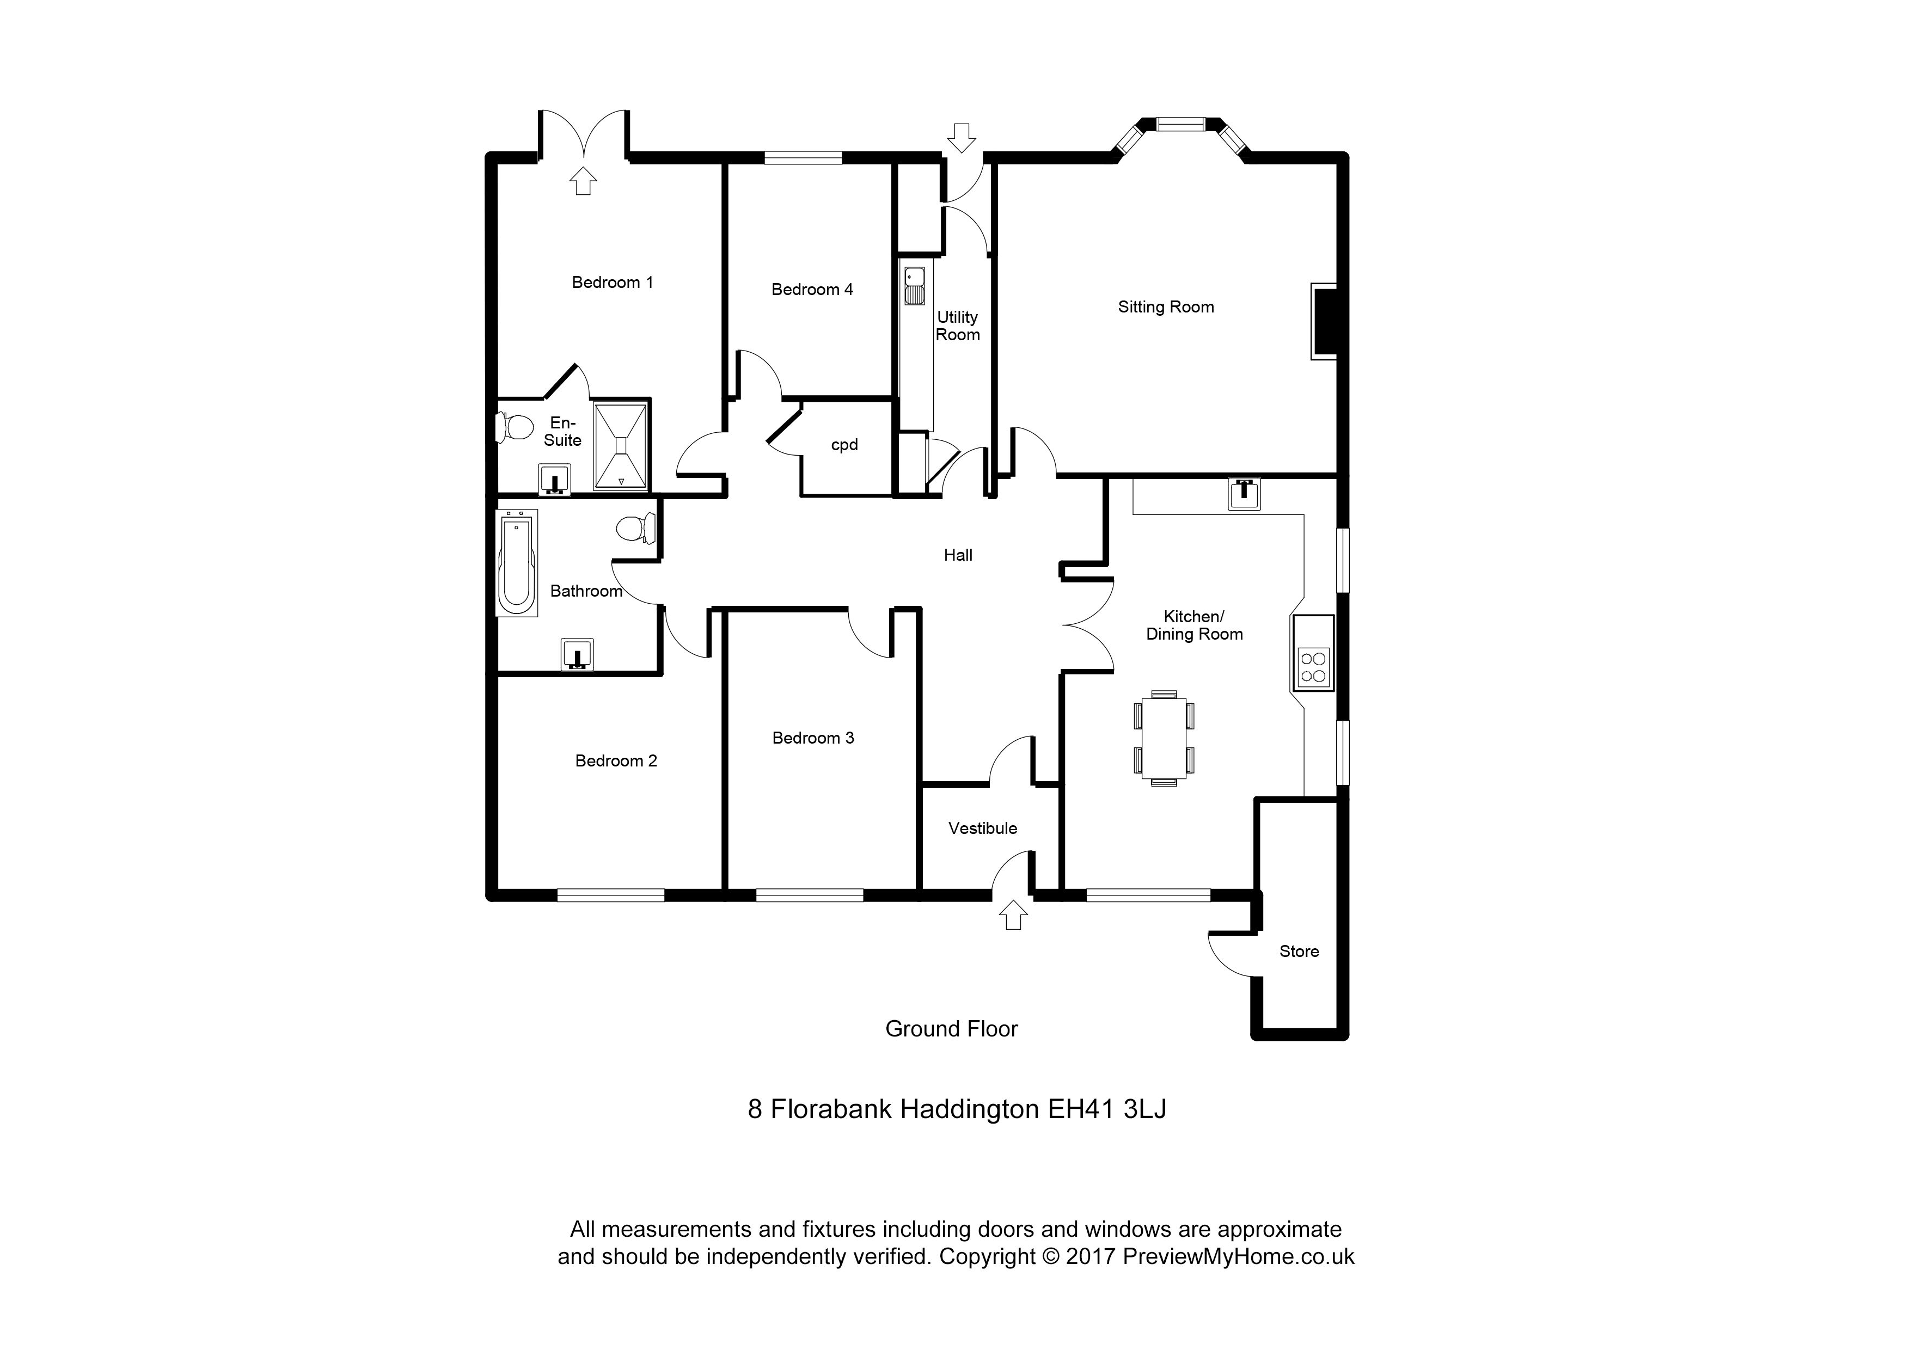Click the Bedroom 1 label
(613, 283)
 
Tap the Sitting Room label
(1166, 307)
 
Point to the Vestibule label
(982, 829)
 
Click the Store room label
(1299, 952)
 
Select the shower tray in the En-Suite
(621, 447)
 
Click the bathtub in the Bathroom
(516, 562)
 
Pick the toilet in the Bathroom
(637, 528)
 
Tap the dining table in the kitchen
(1164, 738)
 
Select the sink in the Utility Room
(914, 285)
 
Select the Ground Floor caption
(951, 1029)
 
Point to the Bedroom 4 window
(803, 156)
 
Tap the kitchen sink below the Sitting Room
(1244, 493)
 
